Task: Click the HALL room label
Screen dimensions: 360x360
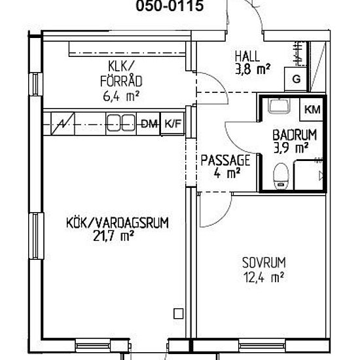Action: tap(247, 56)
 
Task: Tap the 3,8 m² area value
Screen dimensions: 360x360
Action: tap(253, 69)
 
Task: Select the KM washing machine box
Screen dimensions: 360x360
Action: tap(312, 109)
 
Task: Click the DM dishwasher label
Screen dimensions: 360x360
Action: tap(149, 124)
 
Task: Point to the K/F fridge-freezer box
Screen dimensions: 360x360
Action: tap(173, 124)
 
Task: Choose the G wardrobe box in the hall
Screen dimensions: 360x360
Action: tap(296, 79)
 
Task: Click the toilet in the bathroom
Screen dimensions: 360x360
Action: tap(281, 176)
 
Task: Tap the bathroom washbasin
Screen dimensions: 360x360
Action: tap(279, 106)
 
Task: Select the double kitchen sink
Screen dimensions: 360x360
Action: tap(122, 123)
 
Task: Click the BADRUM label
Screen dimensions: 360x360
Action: tap(295, 135)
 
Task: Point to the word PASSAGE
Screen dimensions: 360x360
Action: tap(225, 160)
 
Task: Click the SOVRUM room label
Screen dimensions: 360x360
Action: tap(264, 262)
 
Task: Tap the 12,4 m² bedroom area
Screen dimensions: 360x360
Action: tap(264, 278)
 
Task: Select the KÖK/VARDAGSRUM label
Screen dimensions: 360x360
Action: tap(117, 223)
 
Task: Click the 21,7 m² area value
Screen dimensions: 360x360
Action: tap(114, 236)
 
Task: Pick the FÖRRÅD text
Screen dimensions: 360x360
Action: tap(121, 81)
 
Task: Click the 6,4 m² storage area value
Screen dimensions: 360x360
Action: tap(121, 96)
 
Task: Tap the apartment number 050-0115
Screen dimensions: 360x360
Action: tap(170, 5)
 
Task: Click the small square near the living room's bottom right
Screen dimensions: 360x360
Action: tap(179, 314)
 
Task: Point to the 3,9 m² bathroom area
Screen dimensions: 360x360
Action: tap(291, 148)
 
